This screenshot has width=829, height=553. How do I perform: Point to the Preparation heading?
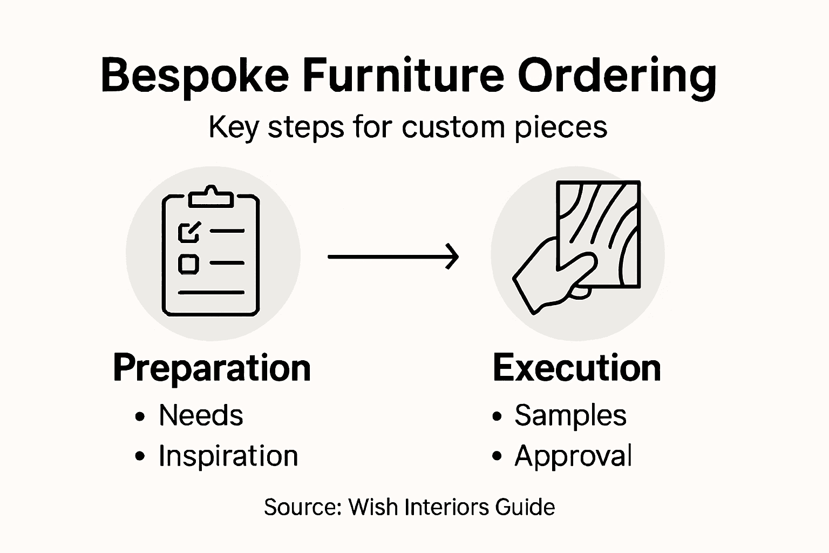(212, 369)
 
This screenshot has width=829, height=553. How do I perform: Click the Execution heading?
(576, 368)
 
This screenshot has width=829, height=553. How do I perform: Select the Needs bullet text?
(201, 415)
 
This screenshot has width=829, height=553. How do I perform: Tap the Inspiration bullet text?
(228, 456)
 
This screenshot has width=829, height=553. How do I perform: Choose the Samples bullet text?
(570, 416)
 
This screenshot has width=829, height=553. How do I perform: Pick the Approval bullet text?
(573, 456)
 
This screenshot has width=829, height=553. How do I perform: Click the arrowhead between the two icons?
(452, 257)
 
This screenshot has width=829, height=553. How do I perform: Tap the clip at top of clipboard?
(211, 197)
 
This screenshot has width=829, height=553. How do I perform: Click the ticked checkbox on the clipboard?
(189, 232)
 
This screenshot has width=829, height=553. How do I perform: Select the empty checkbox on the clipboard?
(188, 264)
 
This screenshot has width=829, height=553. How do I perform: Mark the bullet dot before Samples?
(497, 416)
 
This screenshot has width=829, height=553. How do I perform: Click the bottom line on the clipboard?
(211, 293)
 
